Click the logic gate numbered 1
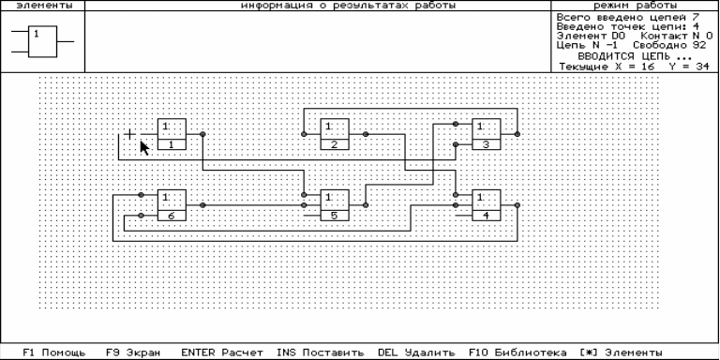(172, 134)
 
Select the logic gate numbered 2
(335, 134)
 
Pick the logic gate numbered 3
(487, 134)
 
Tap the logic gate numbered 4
(487, 204)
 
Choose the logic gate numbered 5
(335, 204)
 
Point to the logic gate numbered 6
(172, 204)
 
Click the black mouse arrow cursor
(144, 148)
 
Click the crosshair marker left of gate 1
(130, 134)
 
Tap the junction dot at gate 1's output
(202, 134)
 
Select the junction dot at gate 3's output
(517, 134)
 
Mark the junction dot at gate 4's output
(517, 204)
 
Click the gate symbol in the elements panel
(42, 42)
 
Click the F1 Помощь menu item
(54, 352)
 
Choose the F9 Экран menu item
(133, 352)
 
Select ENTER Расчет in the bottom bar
(222, 352)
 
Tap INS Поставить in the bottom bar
(321, 352)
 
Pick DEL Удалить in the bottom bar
(416, 352)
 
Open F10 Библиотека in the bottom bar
(517, 352)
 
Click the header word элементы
(42, 6)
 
